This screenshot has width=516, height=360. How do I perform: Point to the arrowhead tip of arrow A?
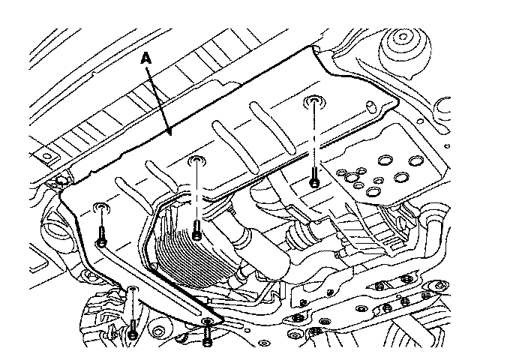(170, 135)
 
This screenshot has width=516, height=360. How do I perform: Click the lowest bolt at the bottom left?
(132, 334)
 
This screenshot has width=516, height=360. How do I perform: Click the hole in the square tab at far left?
(47, 157)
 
